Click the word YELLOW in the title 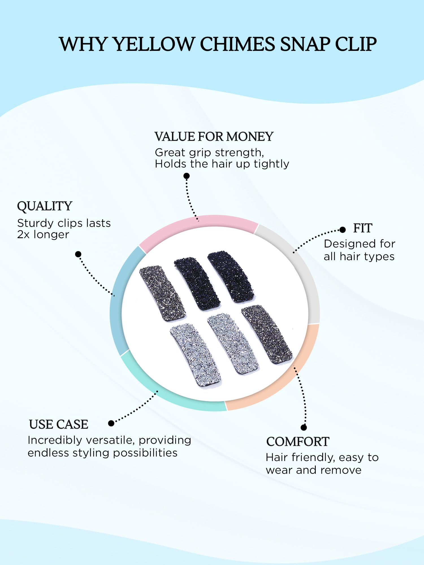tap(154, 44)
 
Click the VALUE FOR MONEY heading tap(214, 137)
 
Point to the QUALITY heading tap(45, 206)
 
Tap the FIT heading tap(363, 228)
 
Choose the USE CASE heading tap(59, 424)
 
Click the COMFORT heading tap(298, 442)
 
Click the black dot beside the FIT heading tap(343, 230)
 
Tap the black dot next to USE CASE tap(111, 423)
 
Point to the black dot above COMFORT tap(304, 427)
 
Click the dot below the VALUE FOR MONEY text tap(187, 176)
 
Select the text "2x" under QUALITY tap(23, 235)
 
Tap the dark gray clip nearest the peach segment tap(267, 335)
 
